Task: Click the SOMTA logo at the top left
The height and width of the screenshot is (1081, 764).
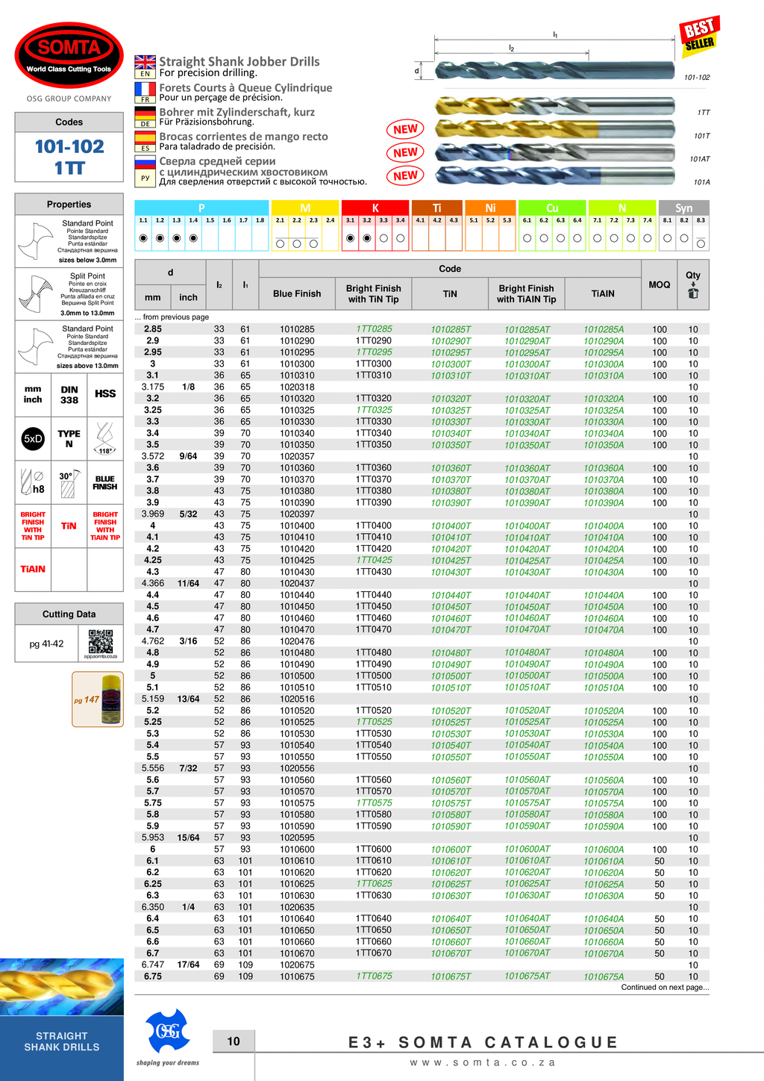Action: coord(69,55)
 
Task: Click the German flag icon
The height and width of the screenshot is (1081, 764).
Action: coord(145,116)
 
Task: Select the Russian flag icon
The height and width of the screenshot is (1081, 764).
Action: coord(145,166)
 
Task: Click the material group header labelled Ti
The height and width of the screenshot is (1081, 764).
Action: coord(436,208)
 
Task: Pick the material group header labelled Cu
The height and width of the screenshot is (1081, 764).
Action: coord(552,208)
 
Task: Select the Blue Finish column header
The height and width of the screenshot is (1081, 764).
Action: coord(297,293)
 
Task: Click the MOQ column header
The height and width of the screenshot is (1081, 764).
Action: coord(660,284)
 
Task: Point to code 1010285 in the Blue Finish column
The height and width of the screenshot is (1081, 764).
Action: coord(297,329)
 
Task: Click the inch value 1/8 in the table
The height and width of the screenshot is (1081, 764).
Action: coord(188,387)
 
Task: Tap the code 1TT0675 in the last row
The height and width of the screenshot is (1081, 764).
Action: coord(374,976)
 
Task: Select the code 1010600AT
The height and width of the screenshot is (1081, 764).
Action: coord(527,849)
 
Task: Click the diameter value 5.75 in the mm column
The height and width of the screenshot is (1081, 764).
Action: coord(153,803)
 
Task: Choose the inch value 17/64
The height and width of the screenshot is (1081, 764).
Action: coord(188,965)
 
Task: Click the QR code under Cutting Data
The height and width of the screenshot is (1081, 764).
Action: coord(101,642)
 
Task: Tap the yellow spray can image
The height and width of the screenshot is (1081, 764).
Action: coord(111,699)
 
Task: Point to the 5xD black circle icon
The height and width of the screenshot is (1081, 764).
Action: coord(33,439)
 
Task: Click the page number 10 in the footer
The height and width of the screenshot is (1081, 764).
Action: coord(234,1041)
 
